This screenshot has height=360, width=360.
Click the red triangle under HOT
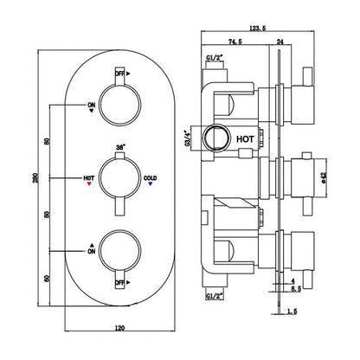[89, 184]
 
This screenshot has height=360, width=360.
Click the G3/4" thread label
[187, 138]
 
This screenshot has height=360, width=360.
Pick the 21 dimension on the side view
[294, 289]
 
